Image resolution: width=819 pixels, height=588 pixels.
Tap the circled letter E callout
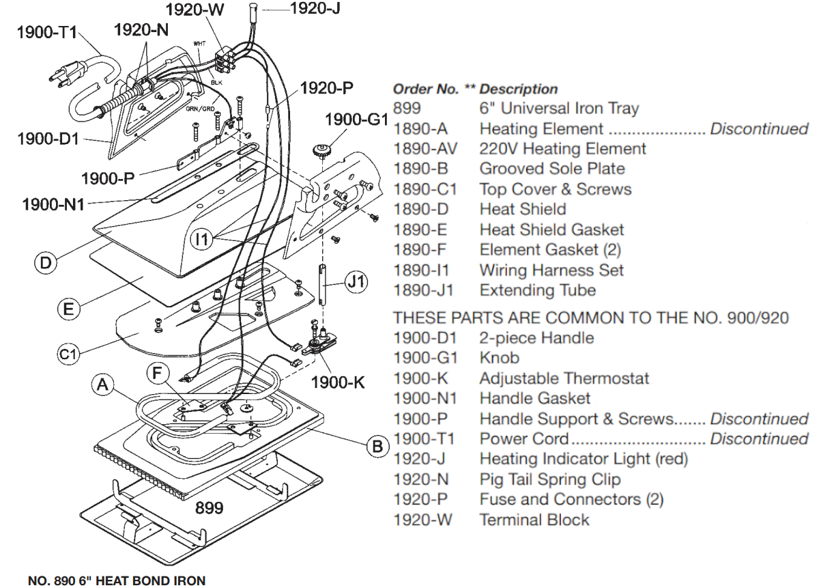[x=68, y=309]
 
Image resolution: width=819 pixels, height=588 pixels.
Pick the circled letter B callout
[x=375, y=447]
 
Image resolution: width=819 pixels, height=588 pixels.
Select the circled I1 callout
[x=202, y=239]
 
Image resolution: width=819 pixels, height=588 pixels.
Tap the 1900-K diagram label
[x=338, y=382]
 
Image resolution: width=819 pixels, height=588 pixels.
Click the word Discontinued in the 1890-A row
[x=759, y=128]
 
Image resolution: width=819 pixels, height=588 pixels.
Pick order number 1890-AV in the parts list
[x=420, y=149]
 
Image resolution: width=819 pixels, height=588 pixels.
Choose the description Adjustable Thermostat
[x=564, y=378]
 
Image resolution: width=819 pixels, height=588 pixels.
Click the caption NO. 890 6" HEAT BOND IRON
[x=116, y=580]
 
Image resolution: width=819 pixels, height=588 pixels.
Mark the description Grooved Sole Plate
[x=551, y=169]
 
